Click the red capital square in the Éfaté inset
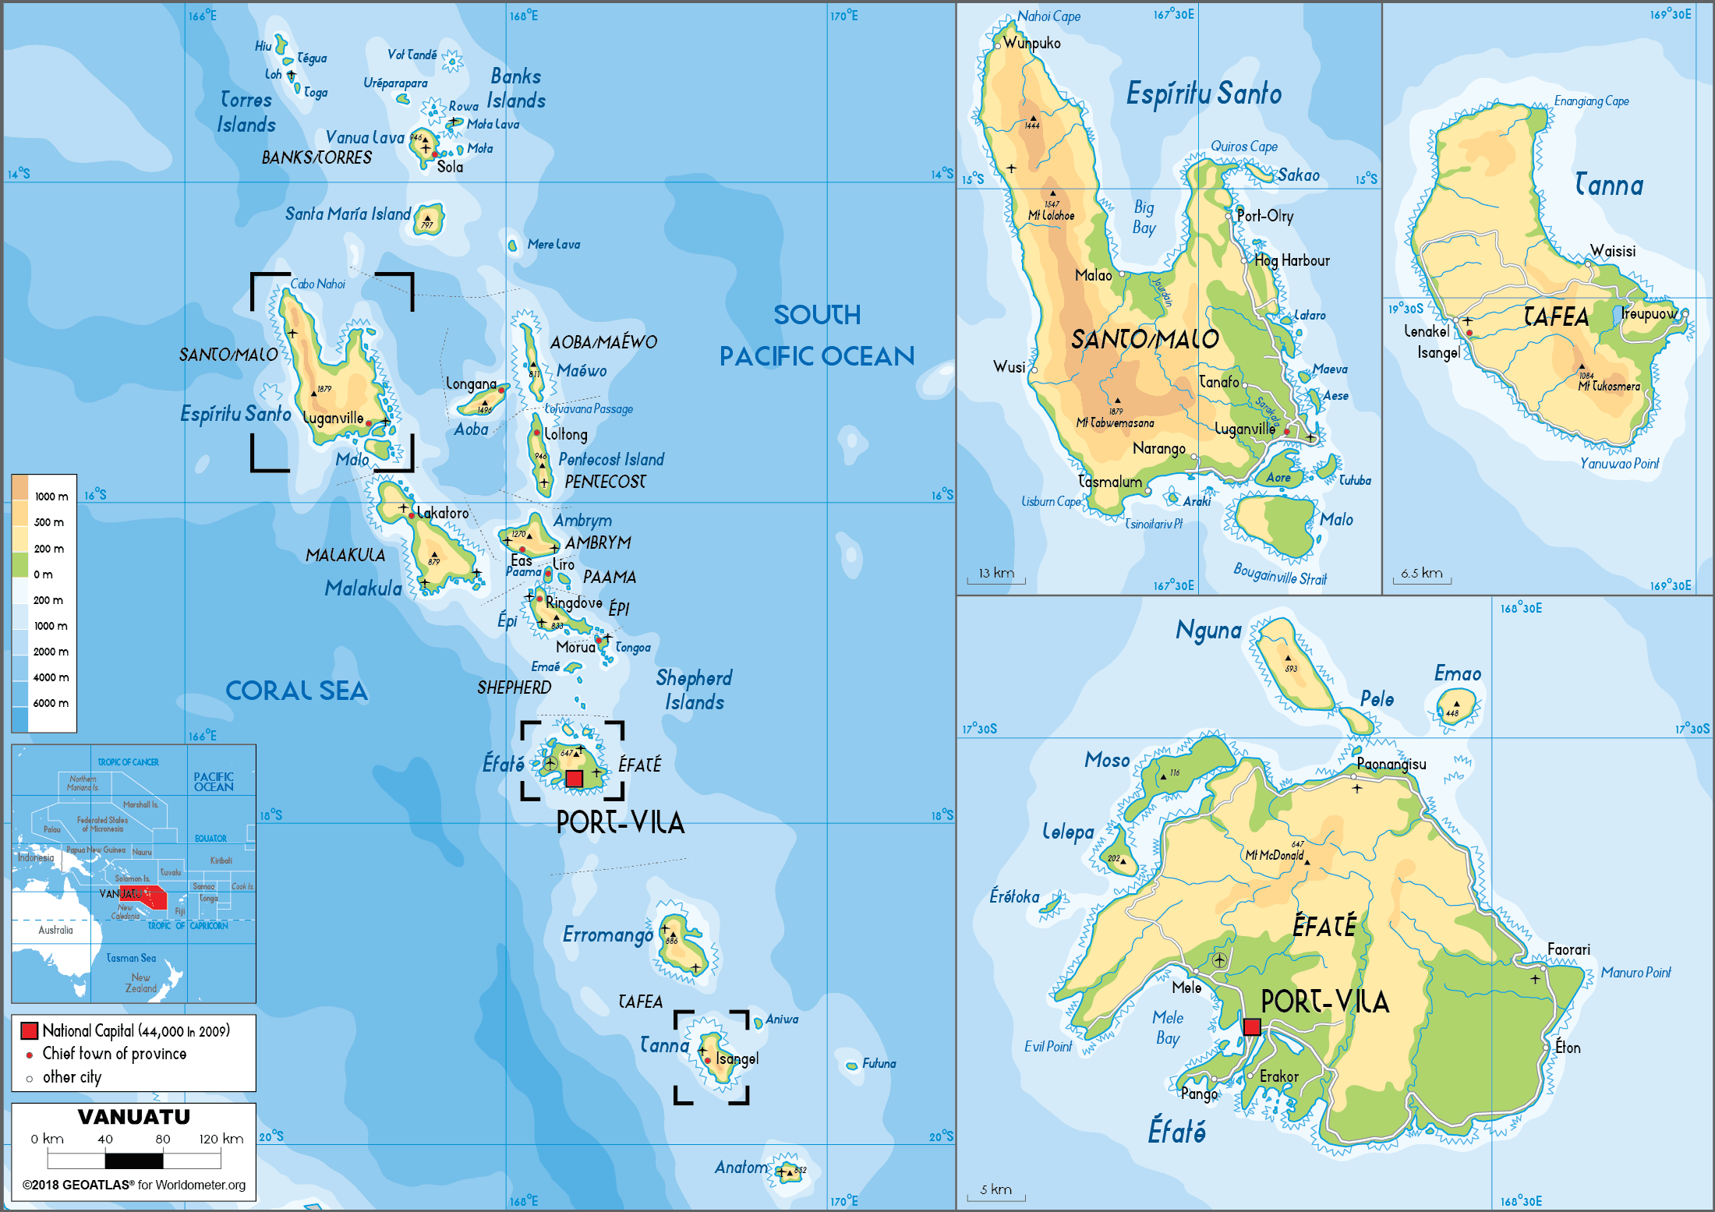pyautogui.click(x=1252, y=1026)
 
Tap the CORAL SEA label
pyautogui.click(x=296, y=691)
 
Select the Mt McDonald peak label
pyautogui.click(x=1274, y=855)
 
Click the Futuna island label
pyautogui.click(x=879, y=1063)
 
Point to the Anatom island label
pyautogui.click(x=741, y=1167)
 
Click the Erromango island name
pyautogui.click(x=608, y=935)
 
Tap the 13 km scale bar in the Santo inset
pyautogui.click(x=996, y=575)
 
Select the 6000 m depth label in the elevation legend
pyautogui.click(x=51, y=703)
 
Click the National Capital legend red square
pyautogui.click(x=30, y=1030)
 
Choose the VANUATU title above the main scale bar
pyautogui.click(x=134, y=1117)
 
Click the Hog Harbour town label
pyautogui.click(x=1292, y=260)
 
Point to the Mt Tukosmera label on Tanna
pyautogui.click(x=1609, y=386)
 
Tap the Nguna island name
pyautogui.click(x=1208, y=630)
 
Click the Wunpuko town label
pyautogui.click(x=1031, y=43)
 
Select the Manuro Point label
pyautogui.click(x=1635, y=972)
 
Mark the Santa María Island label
pyautogui.click(x=348, y=214)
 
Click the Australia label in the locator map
pyautogui.click(x=55, y=930)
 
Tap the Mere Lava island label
pyautogui.click(x=553, y=244)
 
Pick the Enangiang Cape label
pyautogui.click(x=1591, y=101)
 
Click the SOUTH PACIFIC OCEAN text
pyautogui.click(x=816, y=335)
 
